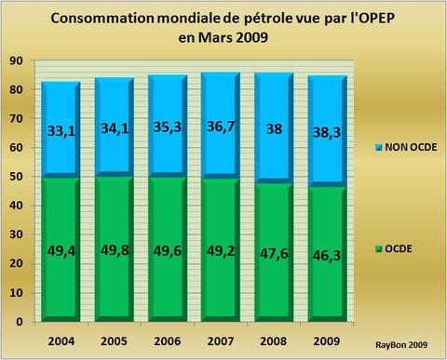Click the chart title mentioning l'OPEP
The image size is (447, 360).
pos(223,29)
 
